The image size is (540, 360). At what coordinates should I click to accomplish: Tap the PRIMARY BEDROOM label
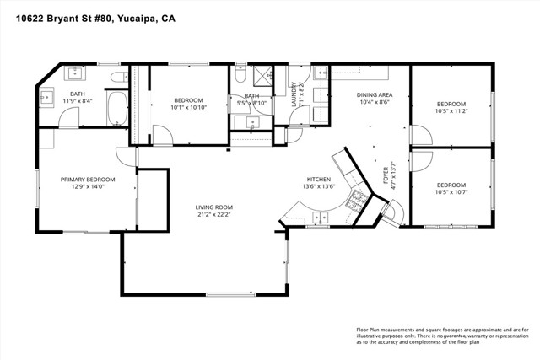[87, 179]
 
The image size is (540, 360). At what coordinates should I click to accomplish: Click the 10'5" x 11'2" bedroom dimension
[451, 110]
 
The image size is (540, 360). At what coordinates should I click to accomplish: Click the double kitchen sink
[320, 218]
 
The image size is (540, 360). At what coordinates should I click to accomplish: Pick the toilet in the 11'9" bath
[117, 78]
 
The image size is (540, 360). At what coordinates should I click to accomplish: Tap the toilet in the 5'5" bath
[240, 77]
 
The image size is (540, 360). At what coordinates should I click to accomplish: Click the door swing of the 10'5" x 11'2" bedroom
[419, 135]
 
